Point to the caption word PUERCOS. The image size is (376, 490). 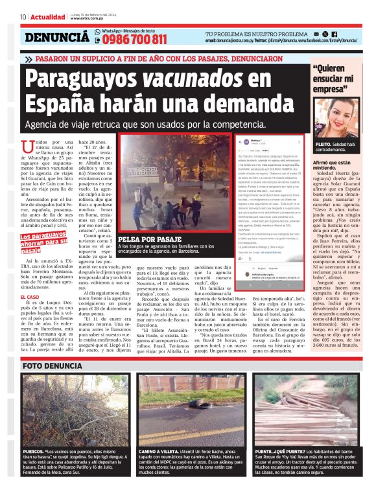(x=34, y=450)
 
